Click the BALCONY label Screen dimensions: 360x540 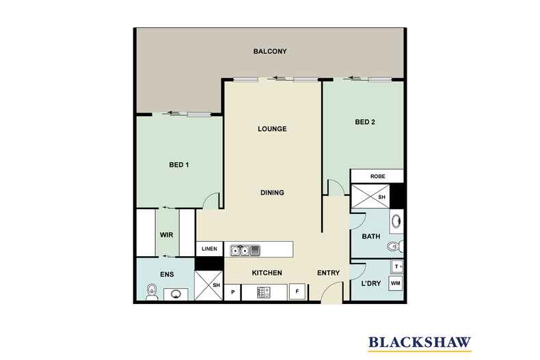(269, 52)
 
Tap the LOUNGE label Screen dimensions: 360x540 (272, 129)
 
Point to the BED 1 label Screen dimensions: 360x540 (179, 164)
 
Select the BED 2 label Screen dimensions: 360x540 (366, 123)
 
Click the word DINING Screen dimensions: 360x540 (272, 193)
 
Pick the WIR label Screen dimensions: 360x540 (167, 234)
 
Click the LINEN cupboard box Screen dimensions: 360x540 (210, 249)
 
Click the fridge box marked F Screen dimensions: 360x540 (297, 292)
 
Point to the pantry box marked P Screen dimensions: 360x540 (232, 292)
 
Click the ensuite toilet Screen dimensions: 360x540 (151, 292)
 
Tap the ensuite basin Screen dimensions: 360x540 (176, 294)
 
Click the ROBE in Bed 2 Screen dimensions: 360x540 (377, 176)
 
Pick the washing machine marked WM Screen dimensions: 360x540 (396, 282)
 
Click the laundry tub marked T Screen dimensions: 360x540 (396, 266)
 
